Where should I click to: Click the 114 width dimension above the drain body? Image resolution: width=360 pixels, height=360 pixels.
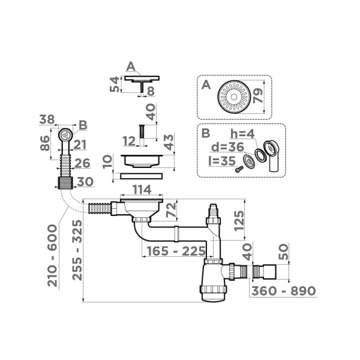142,190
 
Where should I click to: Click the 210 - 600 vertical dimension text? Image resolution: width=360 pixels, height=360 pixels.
52,255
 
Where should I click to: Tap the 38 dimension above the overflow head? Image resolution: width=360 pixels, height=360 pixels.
48,120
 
